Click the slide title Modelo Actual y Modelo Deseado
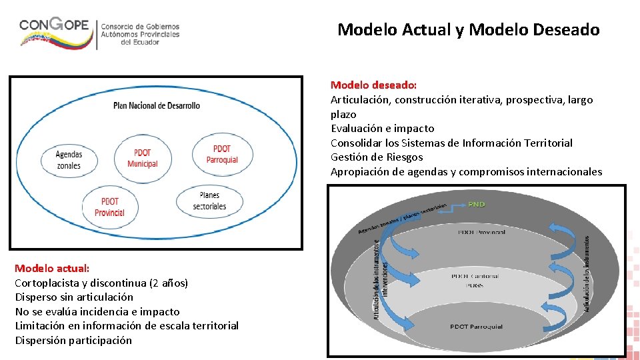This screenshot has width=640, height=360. (x=468, y=30)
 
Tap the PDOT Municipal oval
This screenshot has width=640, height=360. (x=142, y=158)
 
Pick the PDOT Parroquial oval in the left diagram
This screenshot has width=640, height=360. (x=222, y=154)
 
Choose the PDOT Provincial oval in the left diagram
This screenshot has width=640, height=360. (x=109, y=207)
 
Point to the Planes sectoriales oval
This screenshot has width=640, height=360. (x=209, y=201)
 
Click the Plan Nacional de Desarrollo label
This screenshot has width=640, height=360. (x=157, y=105)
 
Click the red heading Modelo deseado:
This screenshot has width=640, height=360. (x=373, y=85)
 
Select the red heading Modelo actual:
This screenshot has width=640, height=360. (x=52, y=268)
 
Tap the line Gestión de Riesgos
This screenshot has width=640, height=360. (x=377, y=157)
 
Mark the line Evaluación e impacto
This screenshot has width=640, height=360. (x=382, y=129)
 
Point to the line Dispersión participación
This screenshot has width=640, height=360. (x=73, y=340)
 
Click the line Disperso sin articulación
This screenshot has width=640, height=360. (x=74, y=297)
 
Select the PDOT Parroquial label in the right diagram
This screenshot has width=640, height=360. (x=476, y=327)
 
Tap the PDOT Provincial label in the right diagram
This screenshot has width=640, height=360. (x=481, y=232)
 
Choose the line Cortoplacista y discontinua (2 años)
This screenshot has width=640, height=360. (x=101, y=283)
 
